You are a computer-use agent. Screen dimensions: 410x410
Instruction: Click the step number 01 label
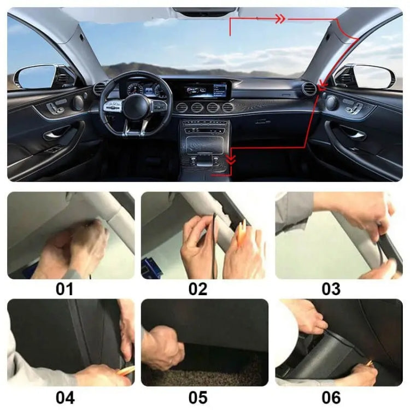pyautogui.click(x=65, y=289)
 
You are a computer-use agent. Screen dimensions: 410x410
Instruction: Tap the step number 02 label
pyautogui.click(x=198, y=289)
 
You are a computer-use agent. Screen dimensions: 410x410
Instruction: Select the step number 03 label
pyautogui.click(x=331, y=289)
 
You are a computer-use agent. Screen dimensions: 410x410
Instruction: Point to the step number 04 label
pyautogui.click(x=65, y=397)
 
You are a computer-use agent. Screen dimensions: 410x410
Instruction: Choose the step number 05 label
pyautogui.click(x=198, y=397)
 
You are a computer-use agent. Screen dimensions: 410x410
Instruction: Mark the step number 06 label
pyautogui.click(x=331, y=397)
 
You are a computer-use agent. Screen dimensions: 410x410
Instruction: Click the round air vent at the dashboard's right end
pyautogui.click(x=309, y=89)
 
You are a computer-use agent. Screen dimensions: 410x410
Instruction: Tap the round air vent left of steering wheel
pyautogui.click(x=99, y=89)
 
